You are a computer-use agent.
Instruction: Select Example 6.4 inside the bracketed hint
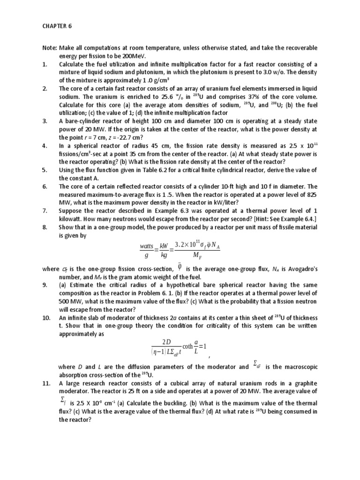[x=296, y=219]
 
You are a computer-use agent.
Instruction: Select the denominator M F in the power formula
[x=196, y=256]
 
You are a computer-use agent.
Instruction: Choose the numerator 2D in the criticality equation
[x=166, y=341]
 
